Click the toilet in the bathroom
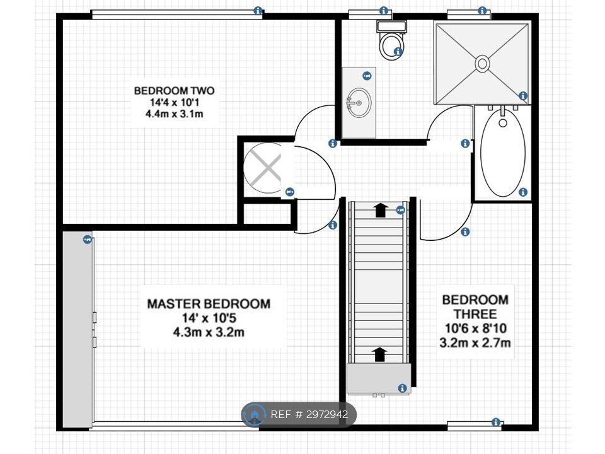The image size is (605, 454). coord(391,40)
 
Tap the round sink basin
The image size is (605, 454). coord(359,103)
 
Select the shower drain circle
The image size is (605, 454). coord(482,63)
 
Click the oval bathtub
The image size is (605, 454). coord(502,153)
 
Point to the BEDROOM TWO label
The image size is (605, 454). coord(175,91)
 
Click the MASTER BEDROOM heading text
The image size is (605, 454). coord(209,304)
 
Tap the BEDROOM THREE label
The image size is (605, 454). coord(475,306)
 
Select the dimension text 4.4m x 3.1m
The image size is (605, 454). coord(175,114)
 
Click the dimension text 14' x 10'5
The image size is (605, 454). coord(209,318)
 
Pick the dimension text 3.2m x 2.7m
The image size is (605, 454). coord(475,342)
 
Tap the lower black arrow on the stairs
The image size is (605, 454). coord(381,354)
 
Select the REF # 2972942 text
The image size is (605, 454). coord(309,415)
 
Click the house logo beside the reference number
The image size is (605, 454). coord(255,415)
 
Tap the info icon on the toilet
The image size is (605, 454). coord(398,51)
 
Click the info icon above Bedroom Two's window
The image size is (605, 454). coord(258,11)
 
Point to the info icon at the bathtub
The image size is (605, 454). coord(523,192)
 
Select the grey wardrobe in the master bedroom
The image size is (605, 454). coord(78,329)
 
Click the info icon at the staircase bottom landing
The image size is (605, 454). coord(403,388)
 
